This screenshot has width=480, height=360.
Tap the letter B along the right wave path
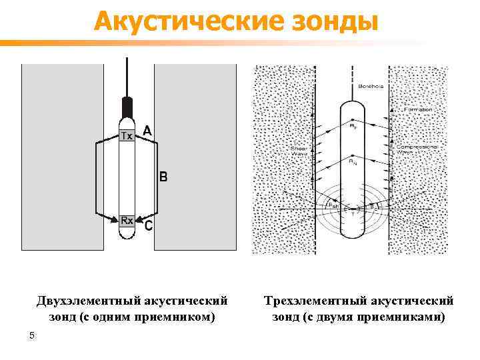pyautogui.click(x=163, y=177)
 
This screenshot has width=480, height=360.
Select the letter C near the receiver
pyautogui.click(x=148, y=227)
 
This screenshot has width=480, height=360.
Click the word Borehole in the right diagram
pyautogui.click(x=370, y=87)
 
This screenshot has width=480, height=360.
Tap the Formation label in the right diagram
pyautogui.click(x=417, y=109)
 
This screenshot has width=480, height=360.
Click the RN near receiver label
pyautogui.click(x=352, y=161)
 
